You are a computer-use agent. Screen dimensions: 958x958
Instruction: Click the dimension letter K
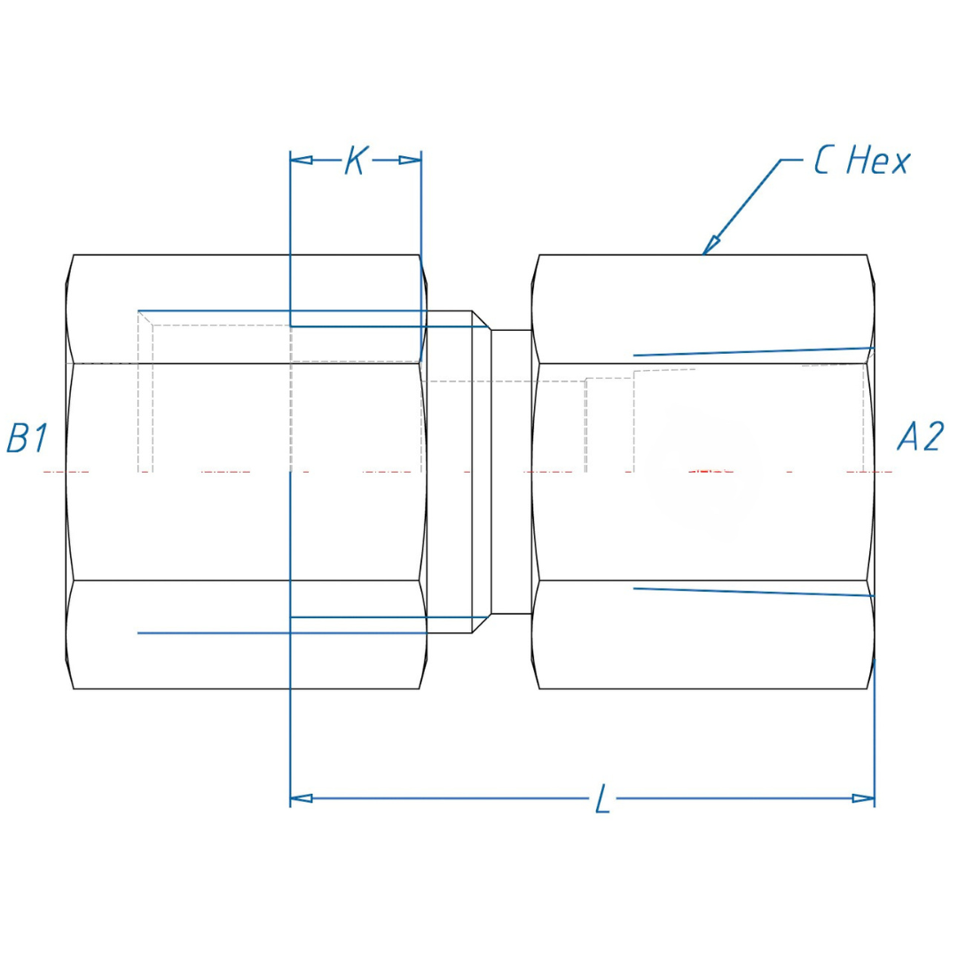point(355,161)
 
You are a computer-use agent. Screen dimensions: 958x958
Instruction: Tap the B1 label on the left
point(27,438)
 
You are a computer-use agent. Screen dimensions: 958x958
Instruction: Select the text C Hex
point(861,161)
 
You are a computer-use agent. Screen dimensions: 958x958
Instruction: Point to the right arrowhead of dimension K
point(410,161)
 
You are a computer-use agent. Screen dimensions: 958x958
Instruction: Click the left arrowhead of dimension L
point(302,798)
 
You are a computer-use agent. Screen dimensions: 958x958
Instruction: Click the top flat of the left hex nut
point(247,309)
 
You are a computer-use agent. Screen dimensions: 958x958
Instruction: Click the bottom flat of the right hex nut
point(705,635)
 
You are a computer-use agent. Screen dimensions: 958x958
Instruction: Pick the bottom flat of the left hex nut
point(247,635)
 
